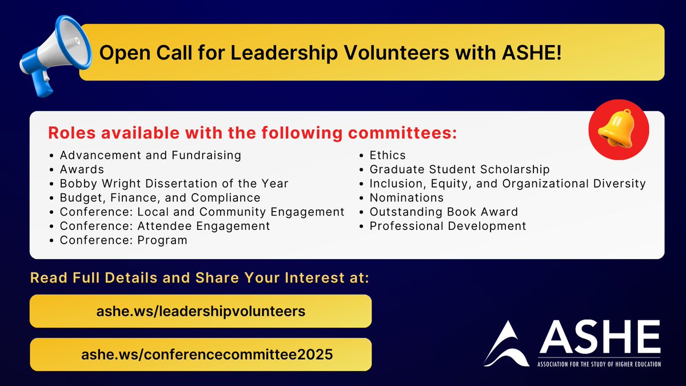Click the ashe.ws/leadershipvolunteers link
pyautogui.click(x=201, y=311)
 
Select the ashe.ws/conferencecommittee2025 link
pyautogui.click(x=201, y=355)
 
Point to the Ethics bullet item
pyautogui.click(x=388, y=155)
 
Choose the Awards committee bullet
pyautogui.click(x=82, y=169)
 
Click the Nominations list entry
pyautogui.click(x=406, y=198)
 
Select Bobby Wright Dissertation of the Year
pyautogui.click(x=174, y=184)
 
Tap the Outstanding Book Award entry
pyautogui.click(x=444, y=212)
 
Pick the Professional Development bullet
pyautogui.click(x=448, y=226)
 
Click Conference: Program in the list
pyautogui.click(x=123, y=241)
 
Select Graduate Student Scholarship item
pyautogui.click(x=460, y=169)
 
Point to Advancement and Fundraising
pyautogui.click(x=150, y=155)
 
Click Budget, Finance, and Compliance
pyautogui.click(x=160, y=198)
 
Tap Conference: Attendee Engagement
pyautogui.click(x=165, y=226)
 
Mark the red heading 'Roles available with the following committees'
pyautogui.click(x=253, y=133)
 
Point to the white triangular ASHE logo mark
pyautogui.click(x=506, y=343)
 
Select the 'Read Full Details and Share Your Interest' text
pyautogui.click(x=200, y=278)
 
